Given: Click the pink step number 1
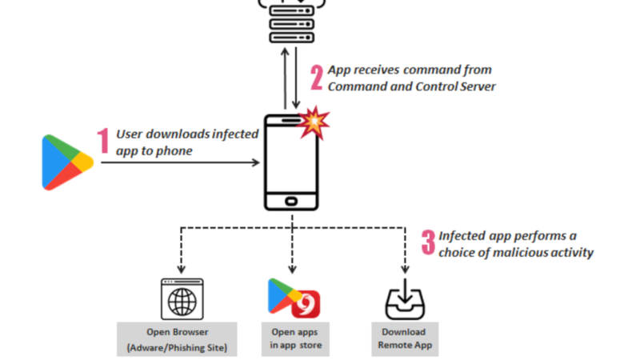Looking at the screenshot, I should coord(102,142).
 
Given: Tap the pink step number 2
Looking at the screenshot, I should coord(317,77).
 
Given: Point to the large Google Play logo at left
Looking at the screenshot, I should coord(67,162).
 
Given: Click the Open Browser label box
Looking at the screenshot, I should coord(177,339).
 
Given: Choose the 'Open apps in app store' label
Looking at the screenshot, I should coord(292,339).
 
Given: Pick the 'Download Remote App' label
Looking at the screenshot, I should coord(404,339).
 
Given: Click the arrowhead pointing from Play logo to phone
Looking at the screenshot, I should coord(256,162).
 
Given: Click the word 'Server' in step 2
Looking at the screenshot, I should coord(475,86).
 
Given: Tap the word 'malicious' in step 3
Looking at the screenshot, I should coord(526,252).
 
